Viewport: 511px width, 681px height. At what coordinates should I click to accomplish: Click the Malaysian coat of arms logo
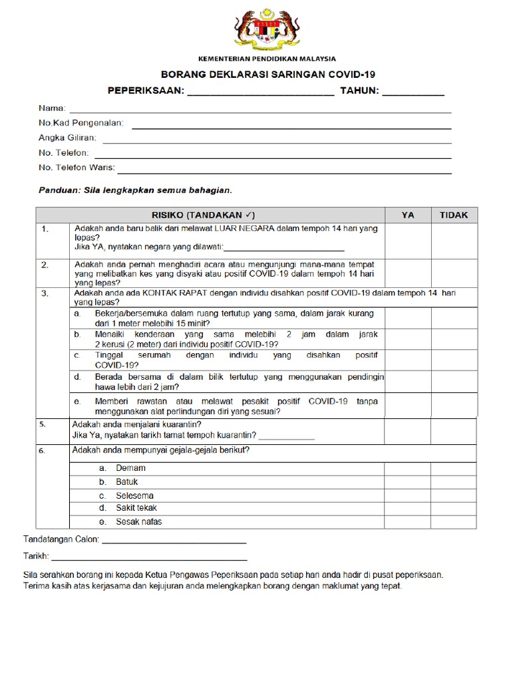[267, 31]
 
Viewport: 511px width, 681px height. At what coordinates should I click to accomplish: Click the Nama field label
[52, 108]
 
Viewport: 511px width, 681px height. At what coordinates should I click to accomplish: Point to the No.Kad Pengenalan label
[85, 123]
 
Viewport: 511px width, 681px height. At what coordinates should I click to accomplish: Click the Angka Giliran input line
[276, 141]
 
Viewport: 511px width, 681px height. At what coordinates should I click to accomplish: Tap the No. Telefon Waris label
[77, 168]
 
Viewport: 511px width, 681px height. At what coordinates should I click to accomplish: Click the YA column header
[407, 215]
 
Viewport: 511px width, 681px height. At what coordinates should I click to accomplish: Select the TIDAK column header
[453, 215]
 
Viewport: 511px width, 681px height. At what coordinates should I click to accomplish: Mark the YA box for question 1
[407, 239]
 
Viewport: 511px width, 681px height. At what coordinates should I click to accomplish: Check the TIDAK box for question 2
[453, 273]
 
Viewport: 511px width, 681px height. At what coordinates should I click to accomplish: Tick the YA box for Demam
[407, 468]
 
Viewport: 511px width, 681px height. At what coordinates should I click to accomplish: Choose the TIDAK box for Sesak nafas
[453, 522]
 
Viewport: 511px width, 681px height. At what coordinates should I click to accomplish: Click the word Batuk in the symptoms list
[127, 481]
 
